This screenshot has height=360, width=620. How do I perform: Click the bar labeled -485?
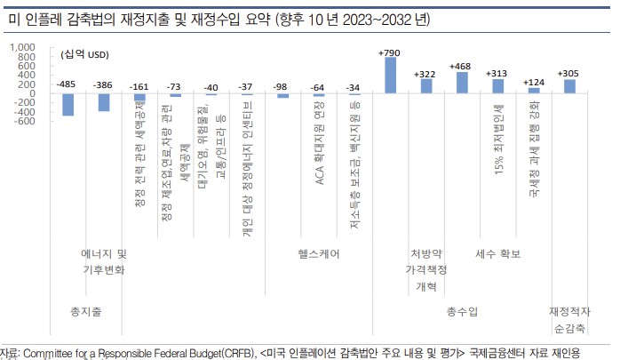pyautogui.click(x=68, y=103)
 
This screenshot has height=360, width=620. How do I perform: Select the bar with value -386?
pyautogui.click(x=104, y=101)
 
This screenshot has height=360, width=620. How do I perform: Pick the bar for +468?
pyautogui.click(x=462, y=83)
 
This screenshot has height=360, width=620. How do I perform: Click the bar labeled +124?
pyautogui.click(x=534, y=90)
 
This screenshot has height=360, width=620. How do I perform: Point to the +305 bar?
pyautogui.click(x=569, y=86)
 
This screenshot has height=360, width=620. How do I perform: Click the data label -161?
pyautogui.click(x=139, y=87)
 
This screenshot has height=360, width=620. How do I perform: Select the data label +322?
pyautogui.click(x=426, y=73)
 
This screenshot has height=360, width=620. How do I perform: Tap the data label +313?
pyautogui.click(x=497, y=73)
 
